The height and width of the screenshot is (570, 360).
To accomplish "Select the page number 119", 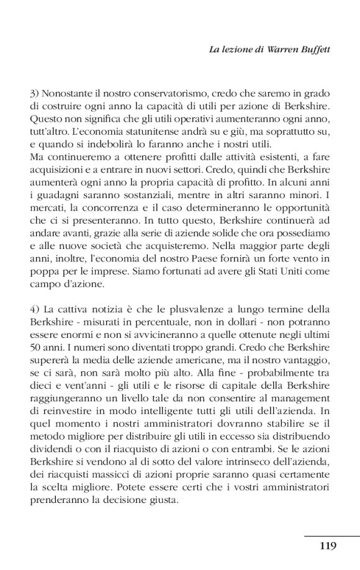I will point(328,546).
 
